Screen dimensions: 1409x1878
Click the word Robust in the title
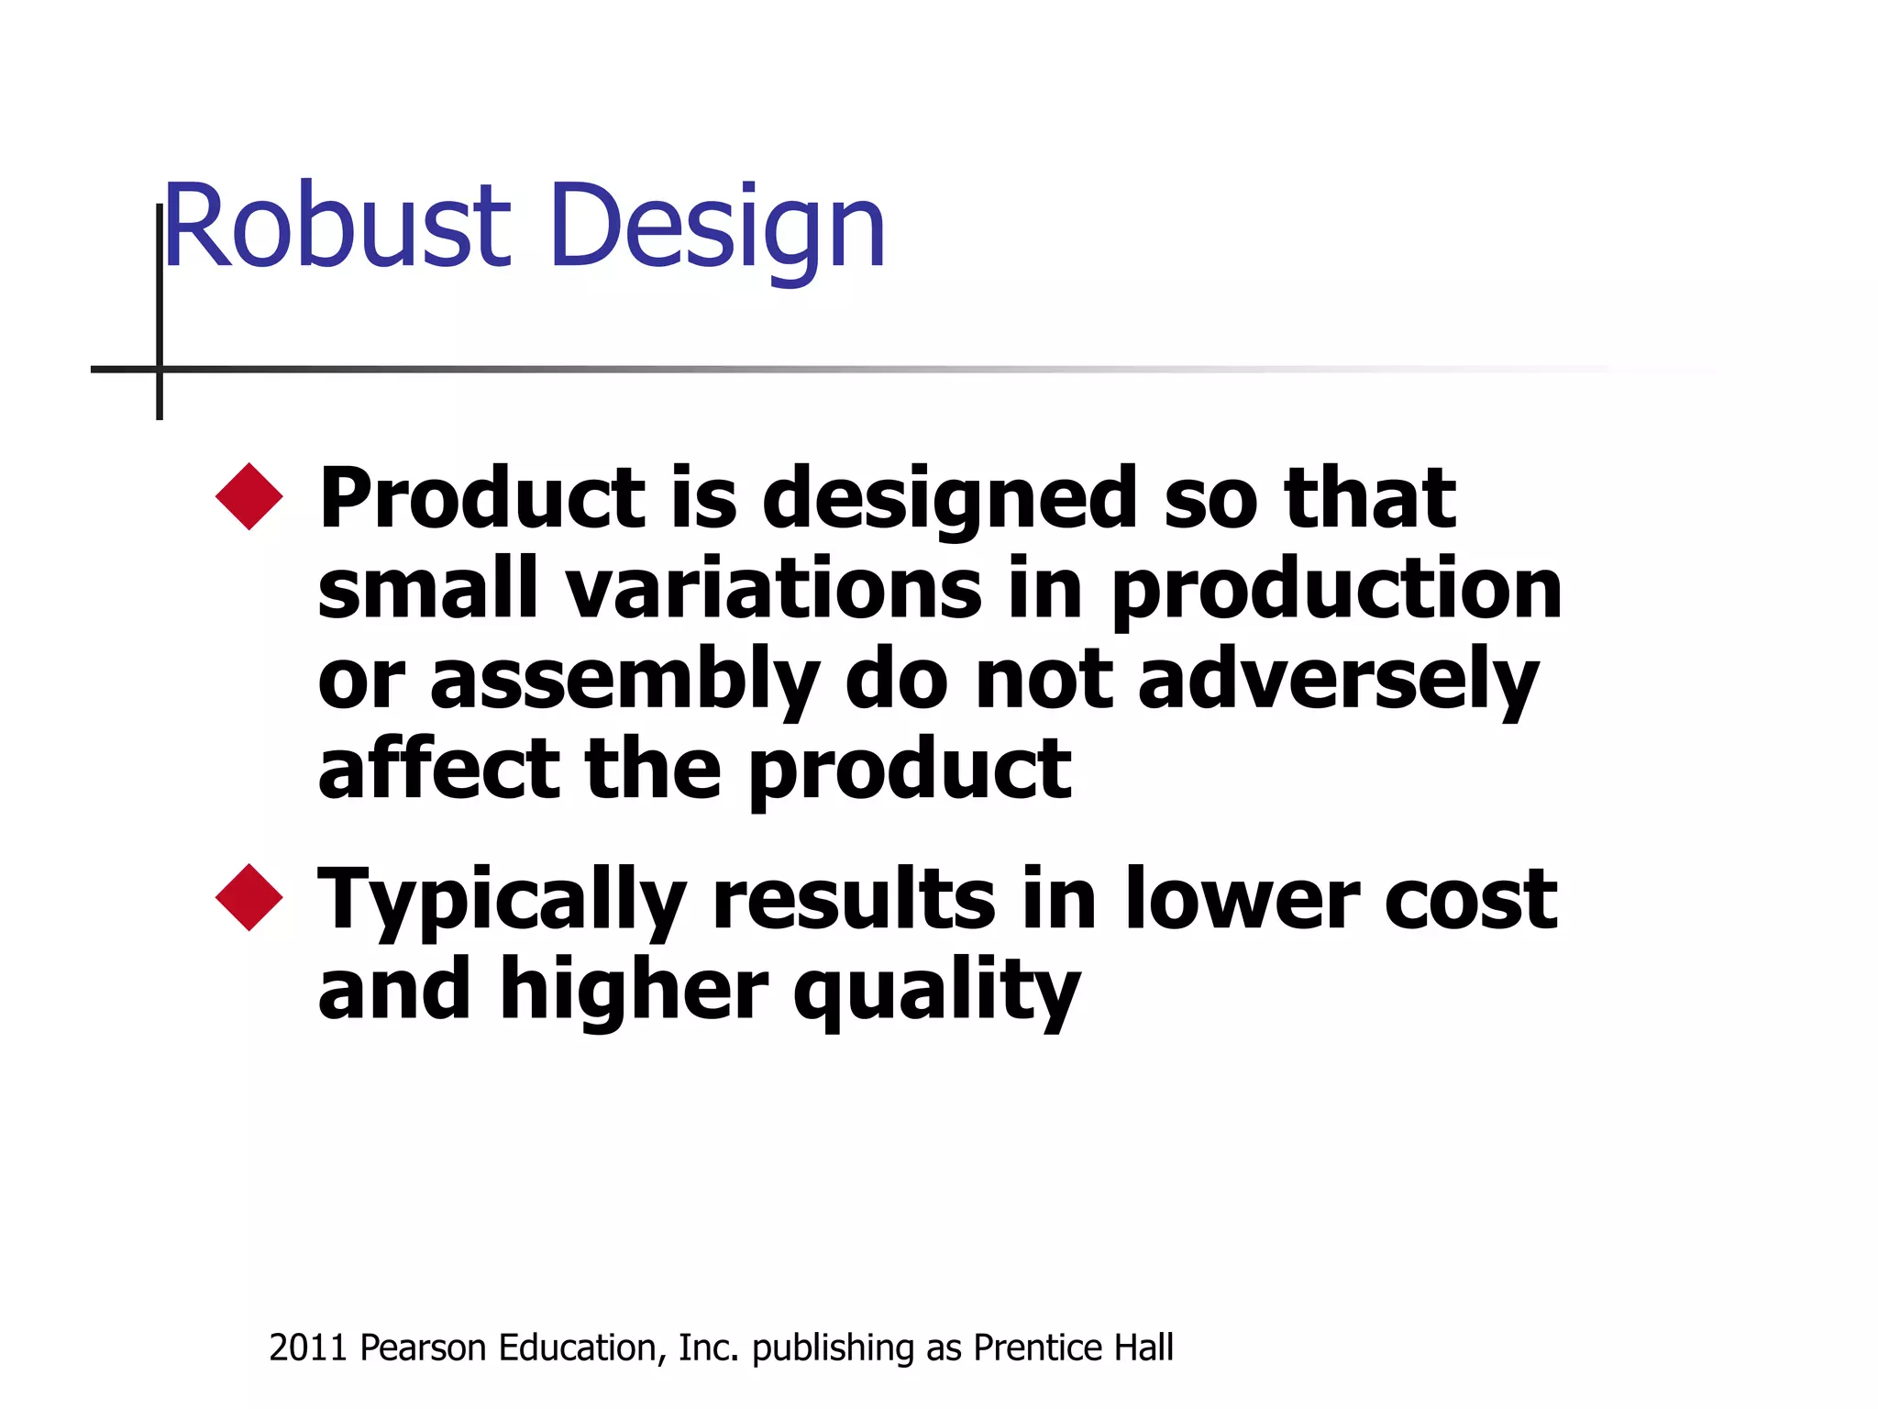336,227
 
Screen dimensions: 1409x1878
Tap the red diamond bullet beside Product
249,496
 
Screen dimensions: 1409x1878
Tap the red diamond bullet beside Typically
249,897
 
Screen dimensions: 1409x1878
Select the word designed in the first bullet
950,500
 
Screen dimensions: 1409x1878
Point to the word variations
773,589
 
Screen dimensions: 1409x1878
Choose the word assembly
624,682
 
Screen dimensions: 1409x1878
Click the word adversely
1338,682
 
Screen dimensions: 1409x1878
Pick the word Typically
502,901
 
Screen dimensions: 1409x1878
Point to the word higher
634,991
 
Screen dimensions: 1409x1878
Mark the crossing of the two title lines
160,369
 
